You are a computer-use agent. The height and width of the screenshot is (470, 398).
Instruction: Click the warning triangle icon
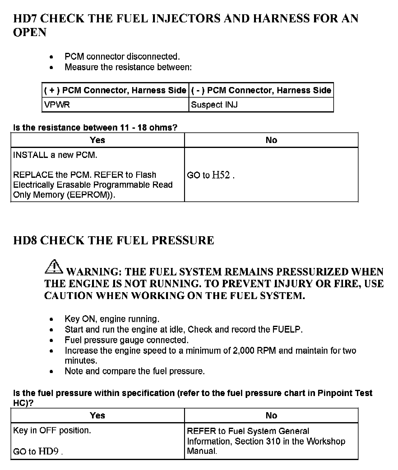[54, 267]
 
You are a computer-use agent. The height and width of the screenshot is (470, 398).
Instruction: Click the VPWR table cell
[57, 105]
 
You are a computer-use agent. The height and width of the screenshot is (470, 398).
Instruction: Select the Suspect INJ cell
[214, 105]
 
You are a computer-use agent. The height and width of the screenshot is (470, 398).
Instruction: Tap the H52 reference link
[221, 175]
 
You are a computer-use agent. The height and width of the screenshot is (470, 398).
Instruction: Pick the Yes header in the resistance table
[97, 140]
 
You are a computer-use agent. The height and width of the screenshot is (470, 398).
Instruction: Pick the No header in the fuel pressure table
[271, 416]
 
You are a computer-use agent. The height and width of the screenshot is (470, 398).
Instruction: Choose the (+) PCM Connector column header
[115, 90]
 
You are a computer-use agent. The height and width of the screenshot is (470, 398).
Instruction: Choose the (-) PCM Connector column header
[261, 90]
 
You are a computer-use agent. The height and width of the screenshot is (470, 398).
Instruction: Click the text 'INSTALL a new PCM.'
[55, 155]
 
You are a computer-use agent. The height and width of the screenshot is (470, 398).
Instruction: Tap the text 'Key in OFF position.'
[52, 431]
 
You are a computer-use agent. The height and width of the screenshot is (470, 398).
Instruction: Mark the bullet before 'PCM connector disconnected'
[52, 57]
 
